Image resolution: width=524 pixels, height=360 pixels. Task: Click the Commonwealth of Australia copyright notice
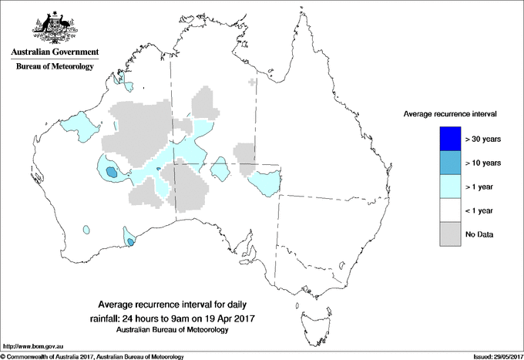click(x=92, y=356)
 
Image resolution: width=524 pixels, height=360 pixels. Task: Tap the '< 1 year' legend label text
click(x=482, y=210)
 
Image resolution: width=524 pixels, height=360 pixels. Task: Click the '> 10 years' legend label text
click(x=483, y=163)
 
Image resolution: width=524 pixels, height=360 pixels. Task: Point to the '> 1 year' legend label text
click(x=482, y=187)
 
